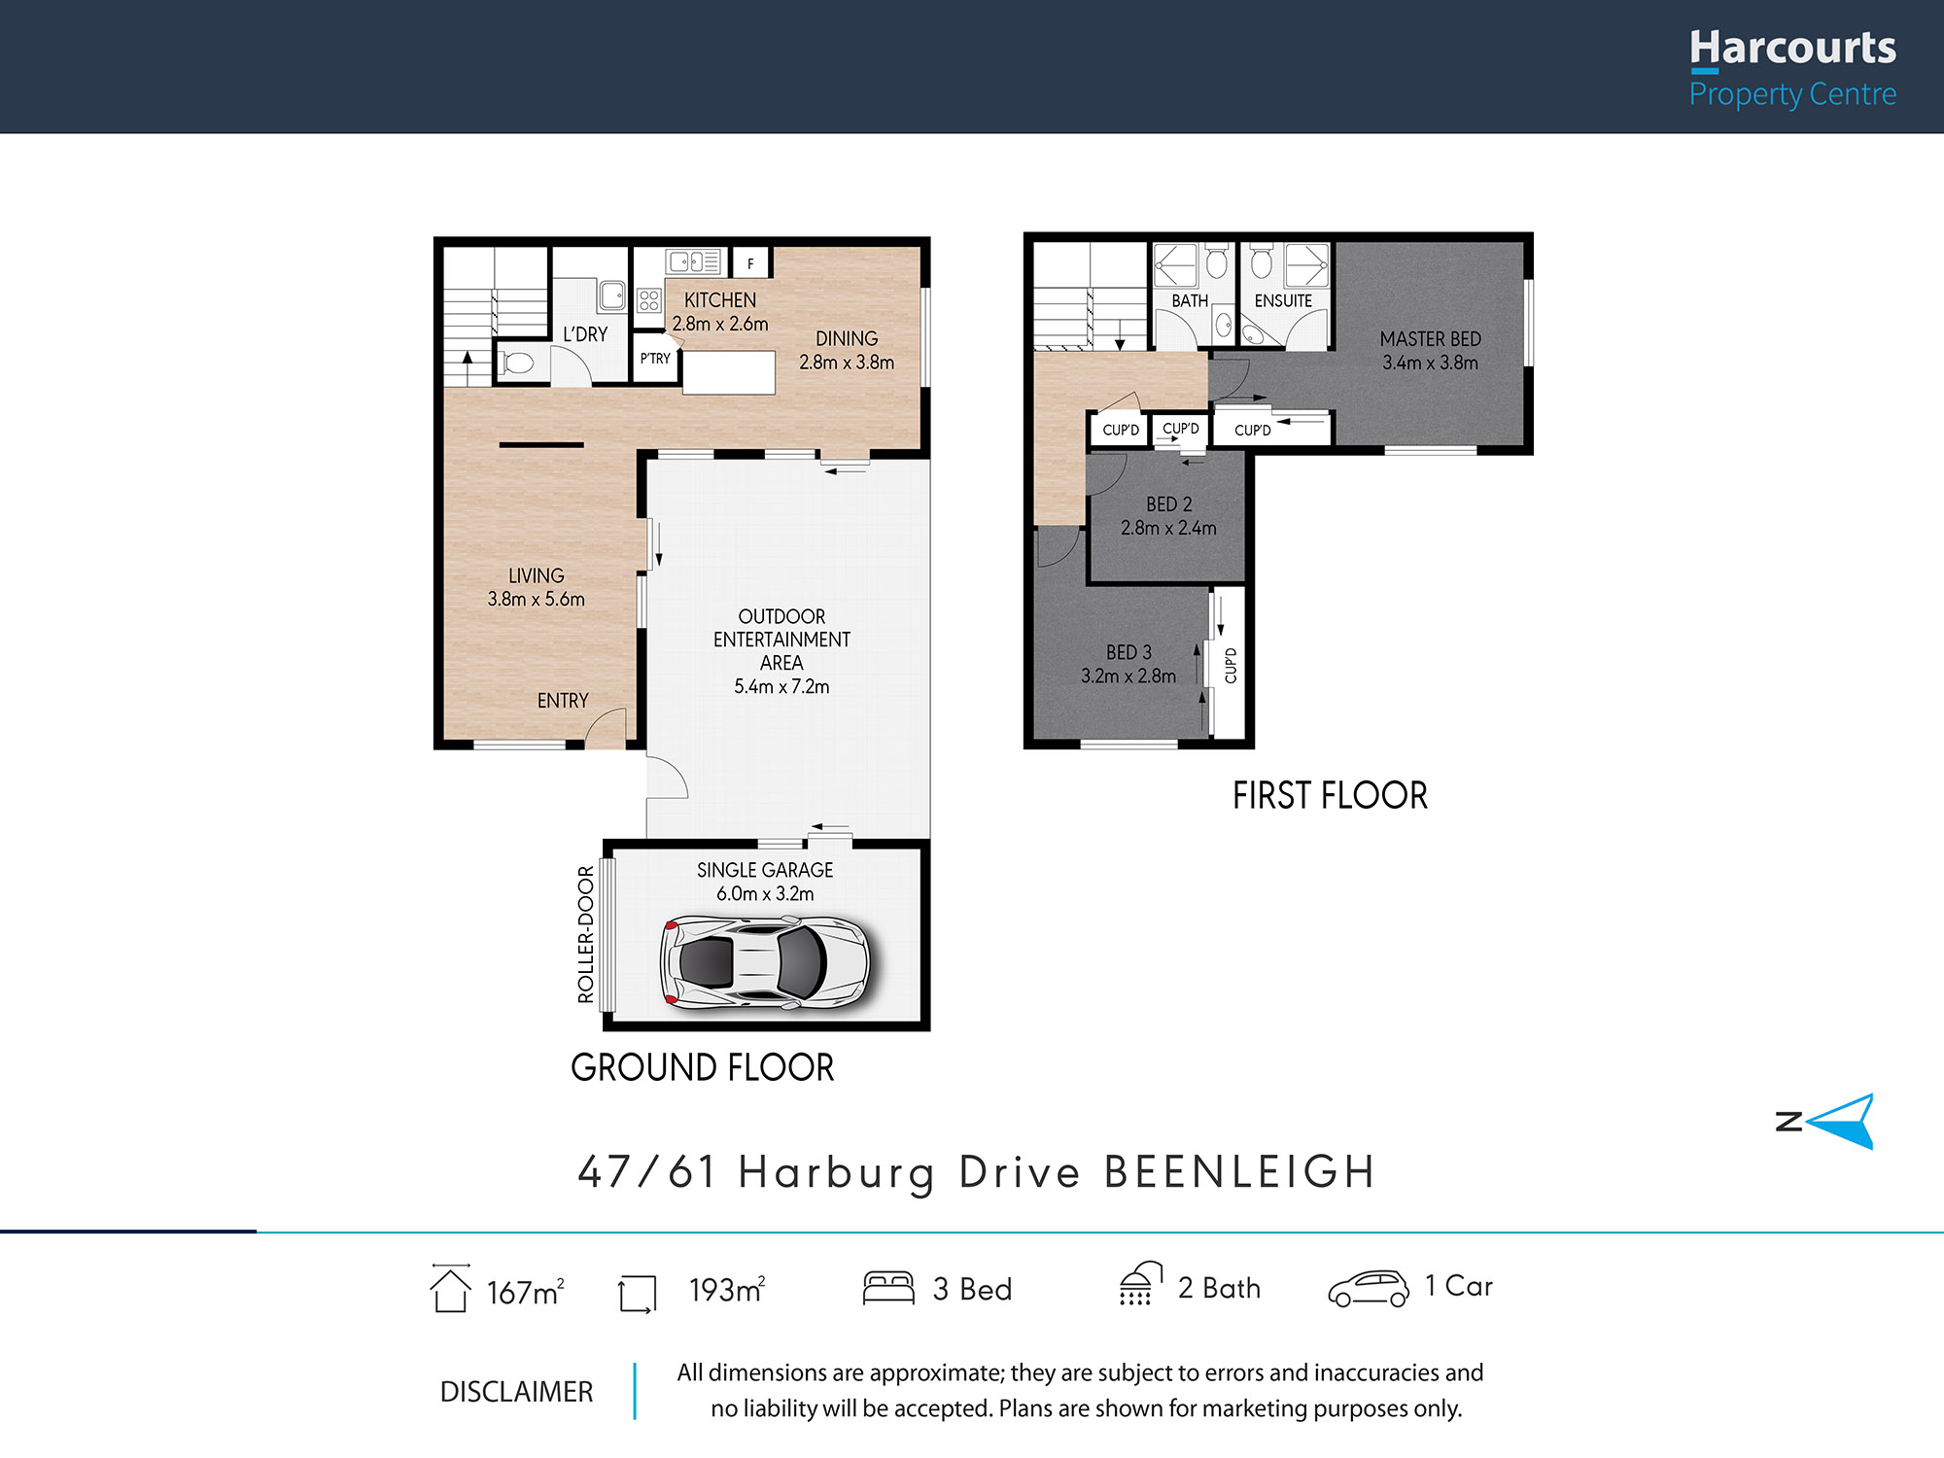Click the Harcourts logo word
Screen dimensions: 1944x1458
click(x=1792, y=48)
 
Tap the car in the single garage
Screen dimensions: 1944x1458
click(x=765, y=962)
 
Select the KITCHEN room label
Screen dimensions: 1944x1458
click(x=720, y=300)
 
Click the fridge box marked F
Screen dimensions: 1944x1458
click(x=750, y=263)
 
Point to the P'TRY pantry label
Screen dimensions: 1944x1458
click(x=655, y=359)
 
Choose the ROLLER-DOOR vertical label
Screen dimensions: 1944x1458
click(x=585, y=934)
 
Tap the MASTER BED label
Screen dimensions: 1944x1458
click(x=1431, y=339)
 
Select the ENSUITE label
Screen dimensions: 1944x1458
click(x=1283, y=301)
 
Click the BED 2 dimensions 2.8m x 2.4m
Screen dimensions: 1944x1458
click(x=1168, y=528)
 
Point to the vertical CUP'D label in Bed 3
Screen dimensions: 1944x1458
click(x=1231, y=665)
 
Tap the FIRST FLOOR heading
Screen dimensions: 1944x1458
click(x=1330, y=796)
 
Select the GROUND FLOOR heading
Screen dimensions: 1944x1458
click(x=702, y=1067)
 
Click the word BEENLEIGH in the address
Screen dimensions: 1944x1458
click(x=1240, y=1171)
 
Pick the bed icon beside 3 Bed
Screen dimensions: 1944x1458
click(x=888, y=1287)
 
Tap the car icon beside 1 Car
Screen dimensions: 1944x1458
click(x=1369, y=1289)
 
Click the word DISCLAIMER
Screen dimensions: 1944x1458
click(x=516, y=1392)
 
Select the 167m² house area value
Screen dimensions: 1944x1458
click(x=525, y=1292)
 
